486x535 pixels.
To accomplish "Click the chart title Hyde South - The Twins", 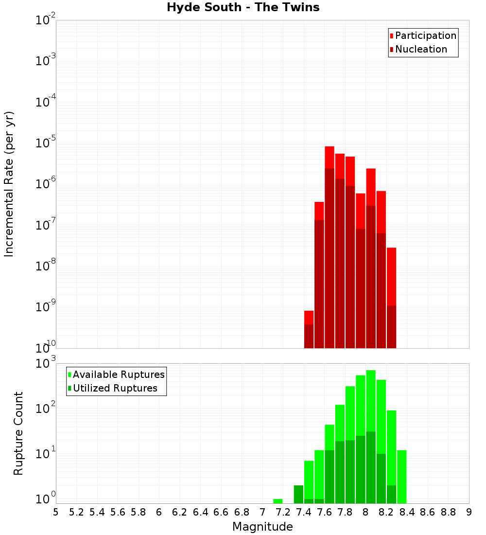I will tap(243, 7).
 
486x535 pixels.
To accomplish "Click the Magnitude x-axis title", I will tap(262, 527).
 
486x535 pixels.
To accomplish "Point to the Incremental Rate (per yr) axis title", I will tap(9, 184).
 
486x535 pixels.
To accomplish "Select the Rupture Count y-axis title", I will tap(18, 433).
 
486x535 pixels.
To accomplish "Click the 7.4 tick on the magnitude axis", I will tap(304, 512).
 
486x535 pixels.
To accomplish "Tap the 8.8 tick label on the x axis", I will tap(448, 512).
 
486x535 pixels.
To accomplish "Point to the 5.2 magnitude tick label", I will tap(77, 512).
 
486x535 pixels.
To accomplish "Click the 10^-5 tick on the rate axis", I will tap(46, 143).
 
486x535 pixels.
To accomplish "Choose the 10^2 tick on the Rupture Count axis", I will tap(46, 409).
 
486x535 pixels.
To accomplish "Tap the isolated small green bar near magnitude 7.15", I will tap(278, 501).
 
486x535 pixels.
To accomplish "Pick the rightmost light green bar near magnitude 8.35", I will tap(402, 477).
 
